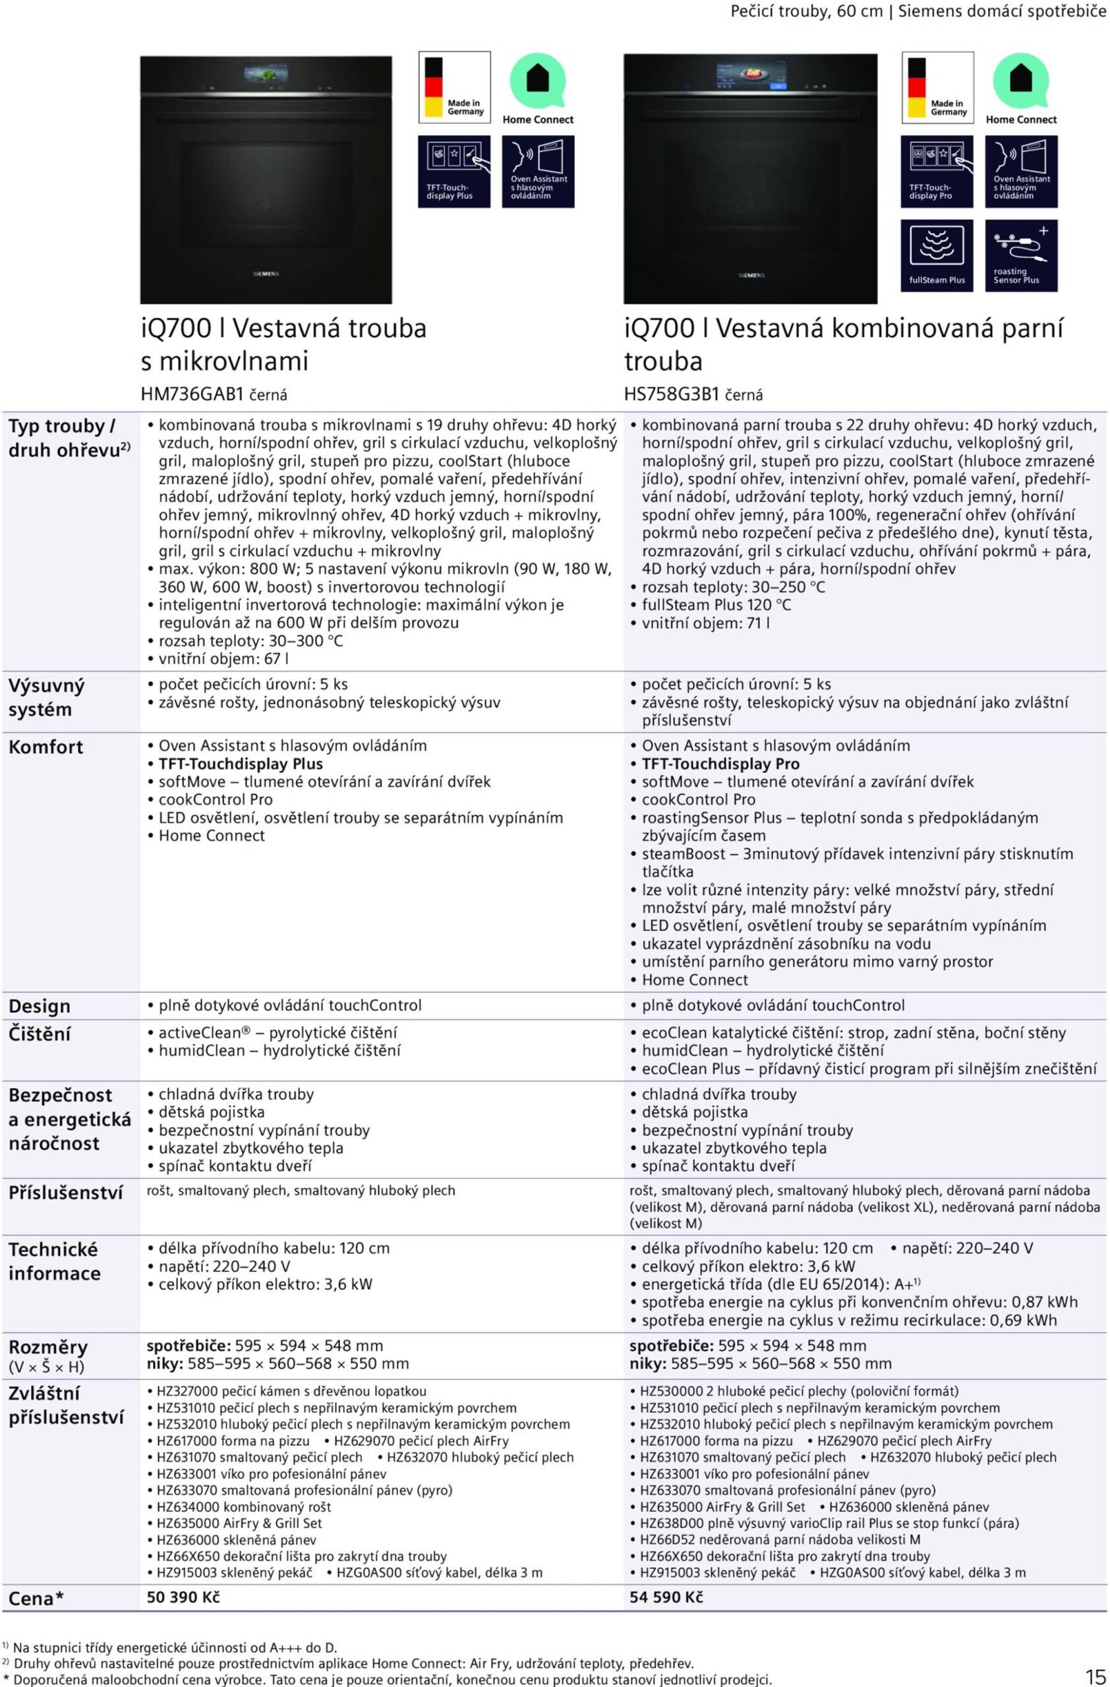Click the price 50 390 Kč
[183, 1597]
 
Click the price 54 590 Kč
[666, 1597]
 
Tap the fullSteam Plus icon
[937, 255]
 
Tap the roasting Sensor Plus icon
[1021, 255]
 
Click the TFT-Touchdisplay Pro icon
[937, 171]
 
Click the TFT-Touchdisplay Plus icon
[453, 171]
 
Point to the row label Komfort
[45, 747]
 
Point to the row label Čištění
[40, 1034]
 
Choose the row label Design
[40, 1006]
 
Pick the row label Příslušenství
[65, 1193]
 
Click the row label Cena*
[36, 1599]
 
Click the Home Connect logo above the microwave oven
[538, 88]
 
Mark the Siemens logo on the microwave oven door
[266, 273]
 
